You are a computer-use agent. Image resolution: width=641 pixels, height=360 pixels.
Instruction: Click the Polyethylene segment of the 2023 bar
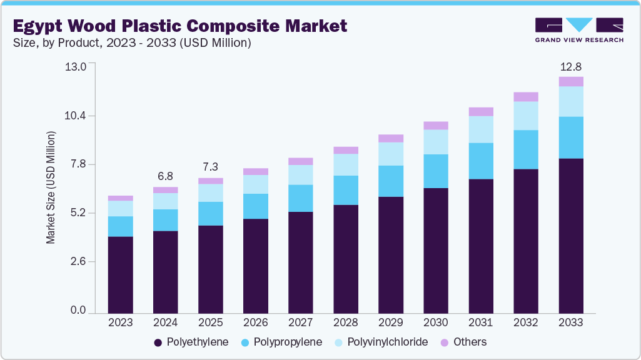point(120,274)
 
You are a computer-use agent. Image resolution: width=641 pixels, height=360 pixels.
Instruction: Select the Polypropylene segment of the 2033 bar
point(571,137)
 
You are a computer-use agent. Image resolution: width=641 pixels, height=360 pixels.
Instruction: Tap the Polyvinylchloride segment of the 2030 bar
point(436,142)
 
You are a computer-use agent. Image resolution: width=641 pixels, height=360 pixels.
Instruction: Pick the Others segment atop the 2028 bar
point(346,150)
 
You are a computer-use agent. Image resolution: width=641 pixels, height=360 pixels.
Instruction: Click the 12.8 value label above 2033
point(571,67)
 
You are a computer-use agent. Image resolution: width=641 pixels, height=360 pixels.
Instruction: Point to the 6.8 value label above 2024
point(166,177)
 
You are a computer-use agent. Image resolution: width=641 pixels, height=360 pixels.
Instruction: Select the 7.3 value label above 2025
point(211,167)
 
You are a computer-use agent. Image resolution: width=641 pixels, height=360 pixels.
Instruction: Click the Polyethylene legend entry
point(191,342)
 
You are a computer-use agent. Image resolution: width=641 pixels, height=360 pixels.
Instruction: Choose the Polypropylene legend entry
point(282,342)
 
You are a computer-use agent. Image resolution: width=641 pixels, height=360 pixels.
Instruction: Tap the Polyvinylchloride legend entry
point(381,342)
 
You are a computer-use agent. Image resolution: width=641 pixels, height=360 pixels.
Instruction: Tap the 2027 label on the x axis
point(301,323)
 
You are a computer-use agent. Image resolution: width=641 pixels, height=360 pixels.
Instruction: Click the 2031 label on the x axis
point(481,323)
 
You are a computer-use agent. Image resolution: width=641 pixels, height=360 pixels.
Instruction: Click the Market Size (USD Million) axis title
point(51,187)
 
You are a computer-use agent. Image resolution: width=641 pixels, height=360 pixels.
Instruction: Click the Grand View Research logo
point(579,30)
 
